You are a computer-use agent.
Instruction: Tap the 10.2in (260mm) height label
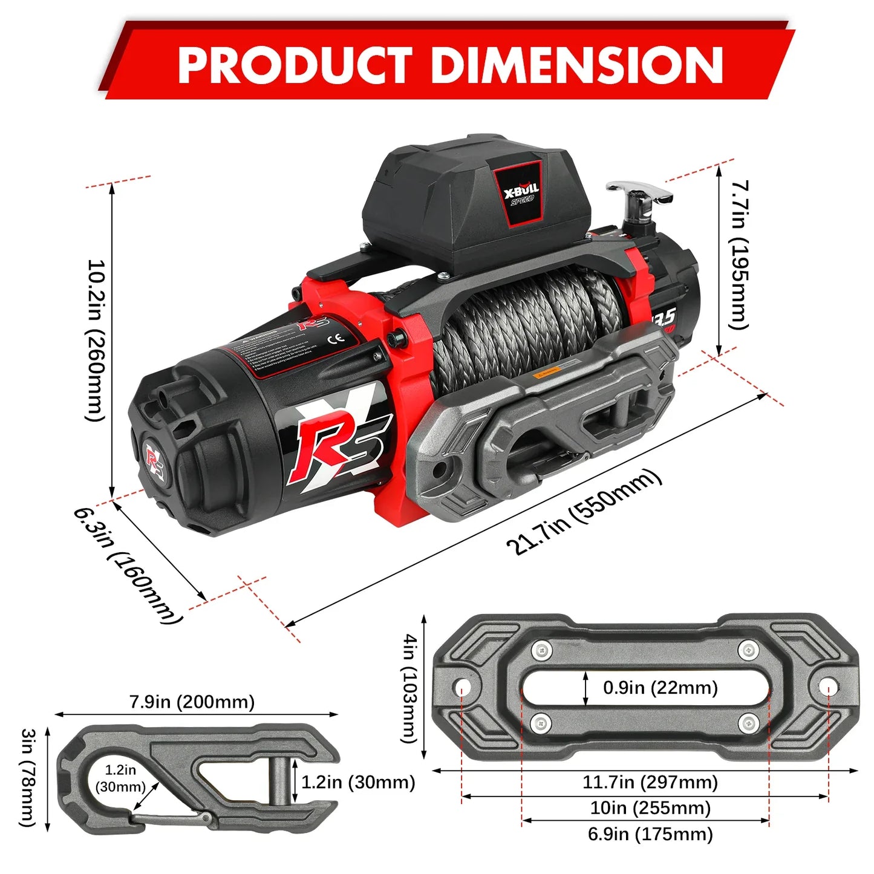pos(97,340)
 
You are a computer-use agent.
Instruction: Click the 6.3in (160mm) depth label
pos(128,565)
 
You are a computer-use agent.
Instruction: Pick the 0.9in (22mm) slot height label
pos(660,688)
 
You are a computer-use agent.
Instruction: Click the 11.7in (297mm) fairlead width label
pos(650,782)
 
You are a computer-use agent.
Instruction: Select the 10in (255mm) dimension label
pos(650,808)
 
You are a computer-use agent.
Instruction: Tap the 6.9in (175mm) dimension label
pos(650,834)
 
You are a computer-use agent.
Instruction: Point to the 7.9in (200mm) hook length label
pos(192,702)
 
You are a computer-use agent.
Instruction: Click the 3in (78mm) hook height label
pos(28,777)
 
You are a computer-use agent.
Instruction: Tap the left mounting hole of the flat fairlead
pos(463,688)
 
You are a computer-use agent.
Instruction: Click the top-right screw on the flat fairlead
pos(749,651)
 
